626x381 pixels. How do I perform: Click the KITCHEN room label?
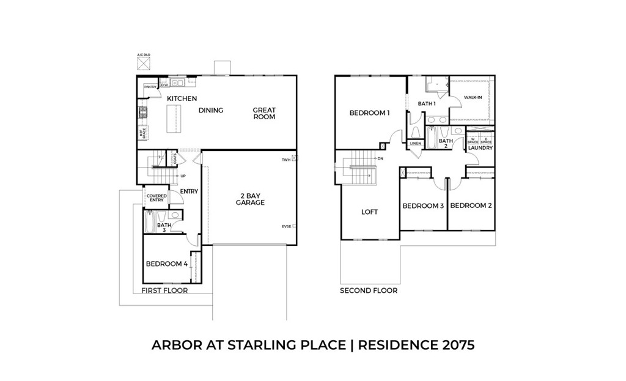182,98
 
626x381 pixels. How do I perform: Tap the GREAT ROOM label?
264,114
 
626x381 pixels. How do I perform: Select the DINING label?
211,111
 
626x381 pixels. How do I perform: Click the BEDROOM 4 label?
166,264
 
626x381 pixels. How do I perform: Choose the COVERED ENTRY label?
156,198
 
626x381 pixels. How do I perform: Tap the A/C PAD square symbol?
142,64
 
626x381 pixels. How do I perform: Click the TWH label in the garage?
285,160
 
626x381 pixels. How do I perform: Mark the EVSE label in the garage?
285,226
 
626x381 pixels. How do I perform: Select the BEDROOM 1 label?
369,113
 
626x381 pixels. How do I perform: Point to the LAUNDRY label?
481,148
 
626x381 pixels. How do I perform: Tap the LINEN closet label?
416,144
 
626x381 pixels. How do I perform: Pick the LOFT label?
369,212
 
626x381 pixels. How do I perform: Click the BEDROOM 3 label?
423,206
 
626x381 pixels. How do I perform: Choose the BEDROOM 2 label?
471,206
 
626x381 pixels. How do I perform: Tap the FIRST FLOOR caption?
164,291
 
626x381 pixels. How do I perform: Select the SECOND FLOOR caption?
369,291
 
